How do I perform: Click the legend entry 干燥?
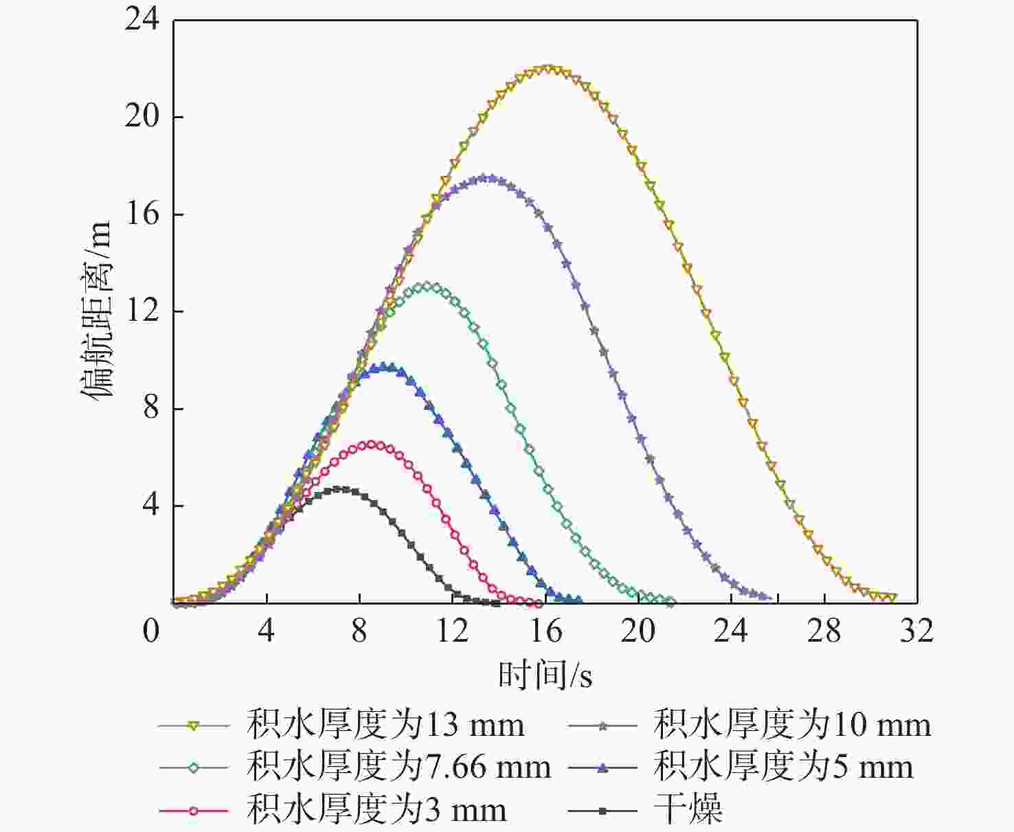coord(688,810)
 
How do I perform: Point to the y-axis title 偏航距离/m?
coord(97,311)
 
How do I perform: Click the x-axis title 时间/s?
coord(545,675)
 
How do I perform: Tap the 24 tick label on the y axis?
coord(142,19)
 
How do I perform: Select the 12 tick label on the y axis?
coord(142,311)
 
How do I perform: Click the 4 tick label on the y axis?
coord(150,506)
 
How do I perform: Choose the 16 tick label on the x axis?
coord(545,630)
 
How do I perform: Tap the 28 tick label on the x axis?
coord(824,630)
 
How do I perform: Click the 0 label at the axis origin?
coord(151,630)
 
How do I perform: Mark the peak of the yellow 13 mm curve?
coord(548,69)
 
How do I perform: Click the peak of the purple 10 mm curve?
coord(486,178)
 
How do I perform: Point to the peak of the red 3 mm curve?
coord(372,445)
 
